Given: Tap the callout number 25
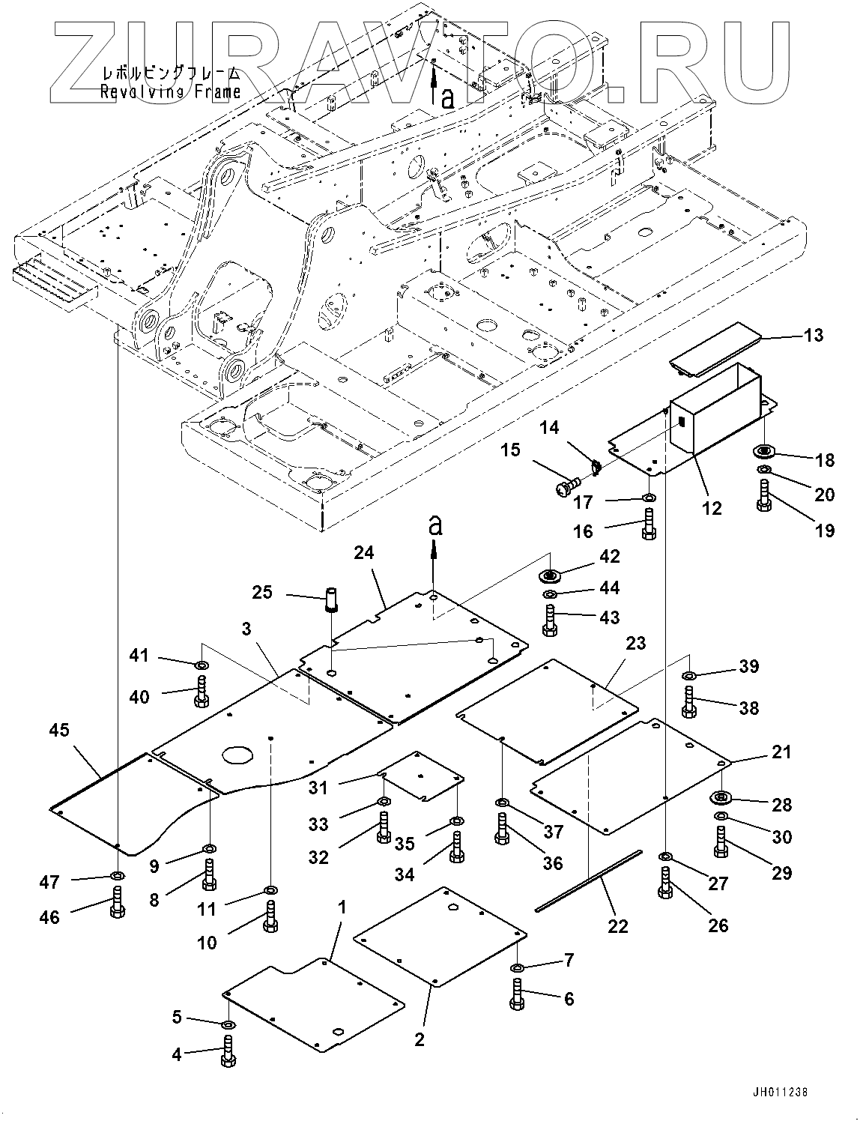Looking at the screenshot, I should click(262, 593).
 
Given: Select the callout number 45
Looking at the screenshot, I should click(59, 729).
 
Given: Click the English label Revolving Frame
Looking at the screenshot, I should click(171, 91).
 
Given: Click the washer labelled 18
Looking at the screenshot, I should click(765, 452).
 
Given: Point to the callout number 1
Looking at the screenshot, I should click(342, 907).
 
